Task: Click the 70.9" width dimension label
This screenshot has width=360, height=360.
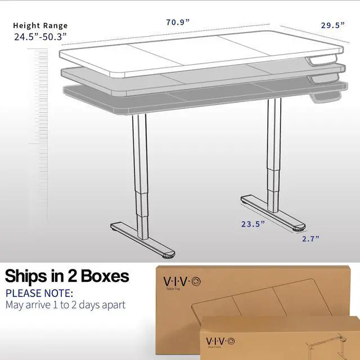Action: coord(177,22)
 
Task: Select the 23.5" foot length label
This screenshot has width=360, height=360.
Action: coord(253,223)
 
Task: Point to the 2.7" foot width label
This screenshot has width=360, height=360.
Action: coord(310,239)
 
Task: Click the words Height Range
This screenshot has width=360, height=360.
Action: coord(40,25)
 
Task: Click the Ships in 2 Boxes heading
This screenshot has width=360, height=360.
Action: coord(67,276)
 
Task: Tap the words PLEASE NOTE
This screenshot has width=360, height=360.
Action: coord(39,293)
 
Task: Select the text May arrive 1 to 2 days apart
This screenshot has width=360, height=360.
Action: coord(65,305)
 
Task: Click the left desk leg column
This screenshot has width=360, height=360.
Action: coord(139,169)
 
